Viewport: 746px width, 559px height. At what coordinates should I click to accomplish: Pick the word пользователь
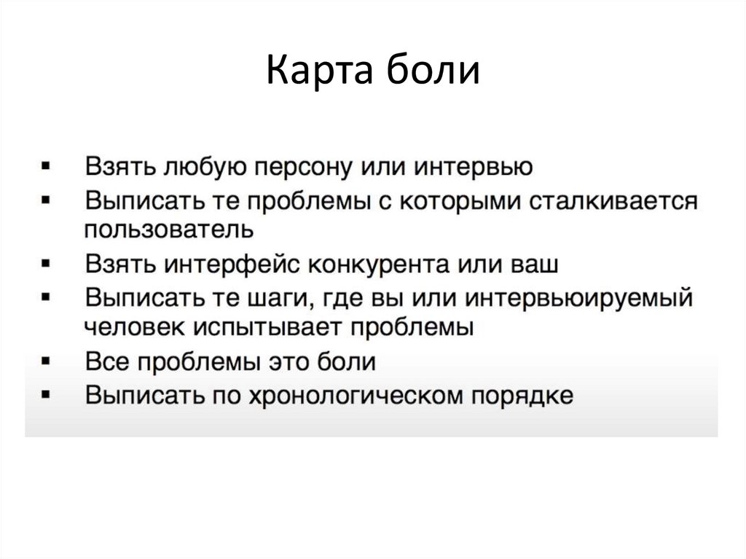pyautogui.click(x=168, y=230)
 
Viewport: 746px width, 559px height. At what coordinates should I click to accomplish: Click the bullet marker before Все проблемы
pyautogui.click(x=46, y=361)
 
